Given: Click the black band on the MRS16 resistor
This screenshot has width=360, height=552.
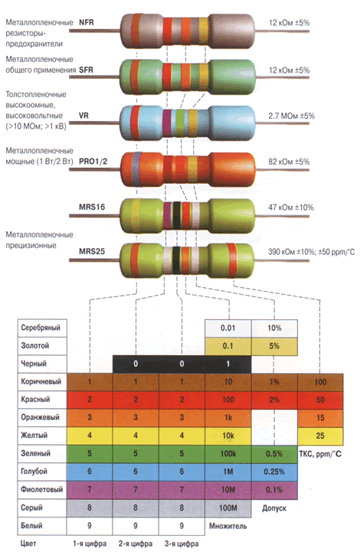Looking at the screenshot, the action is pos(176,214).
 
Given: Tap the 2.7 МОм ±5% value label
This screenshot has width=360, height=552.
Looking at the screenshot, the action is pos(291,116).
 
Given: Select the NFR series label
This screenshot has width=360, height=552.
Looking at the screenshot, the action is pos(87,22).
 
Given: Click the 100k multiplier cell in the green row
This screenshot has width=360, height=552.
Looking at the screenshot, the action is pos(228,454).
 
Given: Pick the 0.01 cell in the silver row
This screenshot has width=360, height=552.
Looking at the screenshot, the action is pos(228,328).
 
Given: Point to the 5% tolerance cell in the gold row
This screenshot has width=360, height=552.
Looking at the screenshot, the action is pos(274,346).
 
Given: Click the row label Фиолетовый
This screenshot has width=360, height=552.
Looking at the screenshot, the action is pos(41,489).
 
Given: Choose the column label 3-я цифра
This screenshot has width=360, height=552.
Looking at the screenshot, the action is pos(182,544).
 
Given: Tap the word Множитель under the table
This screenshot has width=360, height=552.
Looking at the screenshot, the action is pos(228,526).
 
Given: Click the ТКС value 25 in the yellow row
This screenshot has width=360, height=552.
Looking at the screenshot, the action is pos(320,436).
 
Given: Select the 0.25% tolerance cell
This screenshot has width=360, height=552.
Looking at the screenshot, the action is pos(274,472).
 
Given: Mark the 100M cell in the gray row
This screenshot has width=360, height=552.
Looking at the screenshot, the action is pos(228,508).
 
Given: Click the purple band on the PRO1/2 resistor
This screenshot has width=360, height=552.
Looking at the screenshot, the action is pos(136,169).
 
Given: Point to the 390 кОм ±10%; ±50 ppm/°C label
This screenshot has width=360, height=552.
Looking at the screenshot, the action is pos(312,252).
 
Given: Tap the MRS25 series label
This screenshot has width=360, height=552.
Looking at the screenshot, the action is pos(92,251).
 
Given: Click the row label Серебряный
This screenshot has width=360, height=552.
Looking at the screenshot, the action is pos(41,328).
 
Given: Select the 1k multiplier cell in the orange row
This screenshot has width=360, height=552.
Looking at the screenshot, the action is pos(228,418).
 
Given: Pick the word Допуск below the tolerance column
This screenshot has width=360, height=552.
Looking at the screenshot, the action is pos(274,508).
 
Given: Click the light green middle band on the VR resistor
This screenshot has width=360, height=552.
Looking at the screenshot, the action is pos(180,122).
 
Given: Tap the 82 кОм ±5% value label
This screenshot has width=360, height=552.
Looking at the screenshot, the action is pos(289,162).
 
